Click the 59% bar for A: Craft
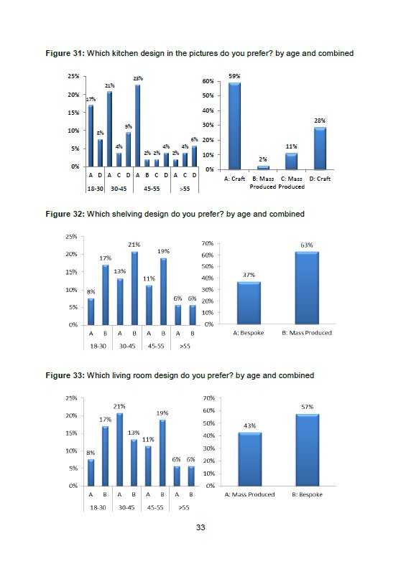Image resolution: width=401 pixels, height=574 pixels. [x=234, y=126]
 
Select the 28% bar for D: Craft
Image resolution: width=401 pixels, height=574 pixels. [x=320, y=149]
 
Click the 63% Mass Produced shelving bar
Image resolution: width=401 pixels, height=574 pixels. [x=307, y=288]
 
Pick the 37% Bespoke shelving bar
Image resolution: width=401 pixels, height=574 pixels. [x=249, y=303]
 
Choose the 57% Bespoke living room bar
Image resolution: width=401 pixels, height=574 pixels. [x=307, y=450]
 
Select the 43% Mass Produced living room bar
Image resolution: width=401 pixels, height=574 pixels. [x=250, y=459]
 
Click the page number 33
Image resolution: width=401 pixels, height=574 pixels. [x=200, y=527]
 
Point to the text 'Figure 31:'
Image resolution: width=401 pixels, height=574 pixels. [x=65, y=53]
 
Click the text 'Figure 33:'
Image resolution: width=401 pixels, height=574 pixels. [x=65, y=375]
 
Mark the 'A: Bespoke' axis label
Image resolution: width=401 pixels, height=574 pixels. [x=249, y=333]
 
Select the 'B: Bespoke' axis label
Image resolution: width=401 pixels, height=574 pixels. [x=307, y=494]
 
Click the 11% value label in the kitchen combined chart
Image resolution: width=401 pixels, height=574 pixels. [x=291, y=146]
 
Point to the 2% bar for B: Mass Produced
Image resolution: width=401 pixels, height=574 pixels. [x=263, y=168]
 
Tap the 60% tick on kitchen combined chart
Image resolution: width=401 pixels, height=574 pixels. [x=208, y=81]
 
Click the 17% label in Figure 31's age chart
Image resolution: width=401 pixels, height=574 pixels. [x=91, y=99]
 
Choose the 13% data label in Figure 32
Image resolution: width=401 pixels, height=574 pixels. [x=119, y=271]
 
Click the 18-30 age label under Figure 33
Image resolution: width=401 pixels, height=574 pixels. [x=98, y=507]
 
